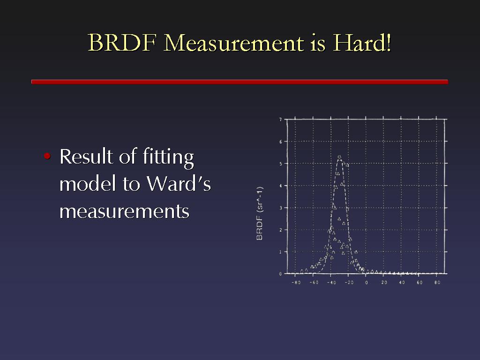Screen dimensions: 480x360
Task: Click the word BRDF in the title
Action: (x=122, y=43)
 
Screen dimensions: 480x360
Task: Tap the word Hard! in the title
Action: (x=362, y=43)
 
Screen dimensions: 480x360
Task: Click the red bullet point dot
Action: (x=47, y=156)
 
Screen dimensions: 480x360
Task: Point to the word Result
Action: (x=86, y=156)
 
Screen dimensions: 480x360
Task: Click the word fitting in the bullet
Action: (x=168, y=157)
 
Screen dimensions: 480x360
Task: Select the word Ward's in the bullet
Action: (x=179, y=184)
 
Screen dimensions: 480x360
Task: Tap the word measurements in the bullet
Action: (x=124, y=212)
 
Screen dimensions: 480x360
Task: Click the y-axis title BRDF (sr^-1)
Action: (x=259, y=213)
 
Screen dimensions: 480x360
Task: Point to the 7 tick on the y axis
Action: (x=280, y=120)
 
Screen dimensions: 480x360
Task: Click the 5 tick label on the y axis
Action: (x=280, y=164)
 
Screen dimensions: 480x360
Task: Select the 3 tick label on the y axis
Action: (x=280, y=208)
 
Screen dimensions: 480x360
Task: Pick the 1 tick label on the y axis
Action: (x=280, y=252)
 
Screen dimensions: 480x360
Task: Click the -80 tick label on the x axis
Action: (x=296, y=282)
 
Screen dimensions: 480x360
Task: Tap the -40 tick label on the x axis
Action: (x=331, y=282)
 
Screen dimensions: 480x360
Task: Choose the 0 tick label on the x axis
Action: (x=367, y=282)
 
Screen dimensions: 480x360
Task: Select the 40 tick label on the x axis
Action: (x=402, y=282)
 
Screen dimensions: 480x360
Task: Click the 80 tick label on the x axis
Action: (x=437, y=282)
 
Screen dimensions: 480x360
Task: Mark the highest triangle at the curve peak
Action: (x=339, y=157)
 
